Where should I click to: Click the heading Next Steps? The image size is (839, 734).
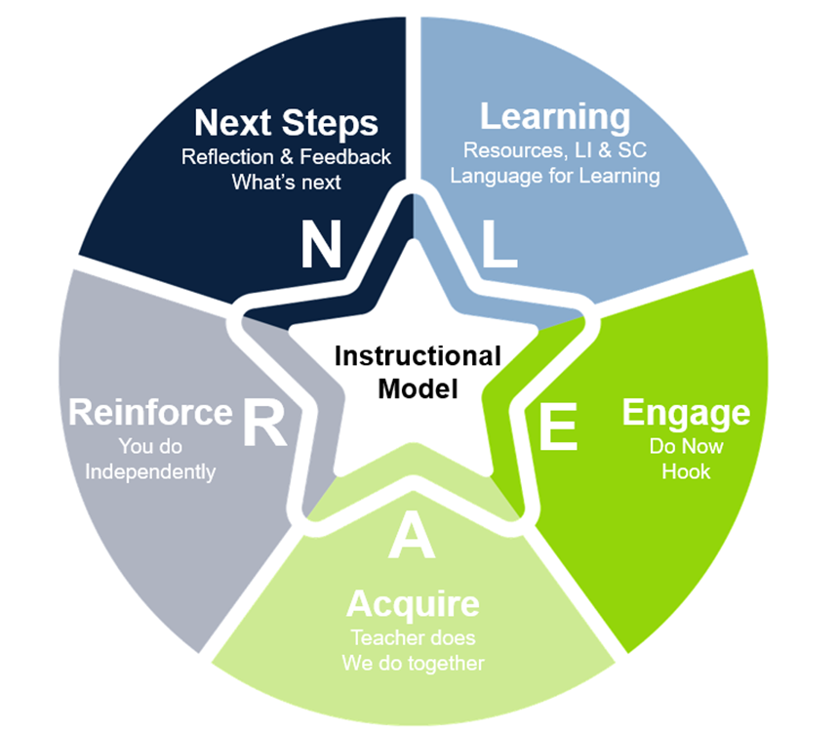(x=286, y=124)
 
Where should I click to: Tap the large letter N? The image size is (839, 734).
(x=320, y=246)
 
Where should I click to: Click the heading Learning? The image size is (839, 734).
(x=555, y=118)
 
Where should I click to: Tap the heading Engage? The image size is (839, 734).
(x=686, y=413)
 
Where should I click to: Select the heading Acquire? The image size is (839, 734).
(x=413, y=604)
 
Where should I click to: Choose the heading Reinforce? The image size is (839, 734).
(x=150, y=412)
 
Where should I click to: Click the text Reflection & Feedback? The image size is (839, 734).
(x=286, y=157)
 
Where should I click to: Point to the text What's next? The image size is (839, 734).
(x=286, y=183)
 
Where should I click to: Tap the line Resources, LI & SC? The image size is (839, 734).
(x=555, y=151)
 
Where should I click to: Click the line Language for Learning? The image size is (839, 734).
(x=555, y=177)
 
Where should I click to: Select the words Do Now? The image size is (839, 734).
(x=686, y=446)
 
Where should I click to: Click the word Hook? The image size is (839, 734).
(x=686, y=471)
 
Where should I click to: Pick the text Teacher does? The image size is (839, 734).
(x=413, y=638)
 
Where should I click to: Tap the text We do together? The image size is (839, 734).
(x=413, y=664)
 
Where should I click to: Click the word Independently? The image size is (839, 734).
(x=150, y=471)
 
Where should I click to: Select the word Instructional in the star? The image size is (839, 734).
(x=418, y=356)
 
